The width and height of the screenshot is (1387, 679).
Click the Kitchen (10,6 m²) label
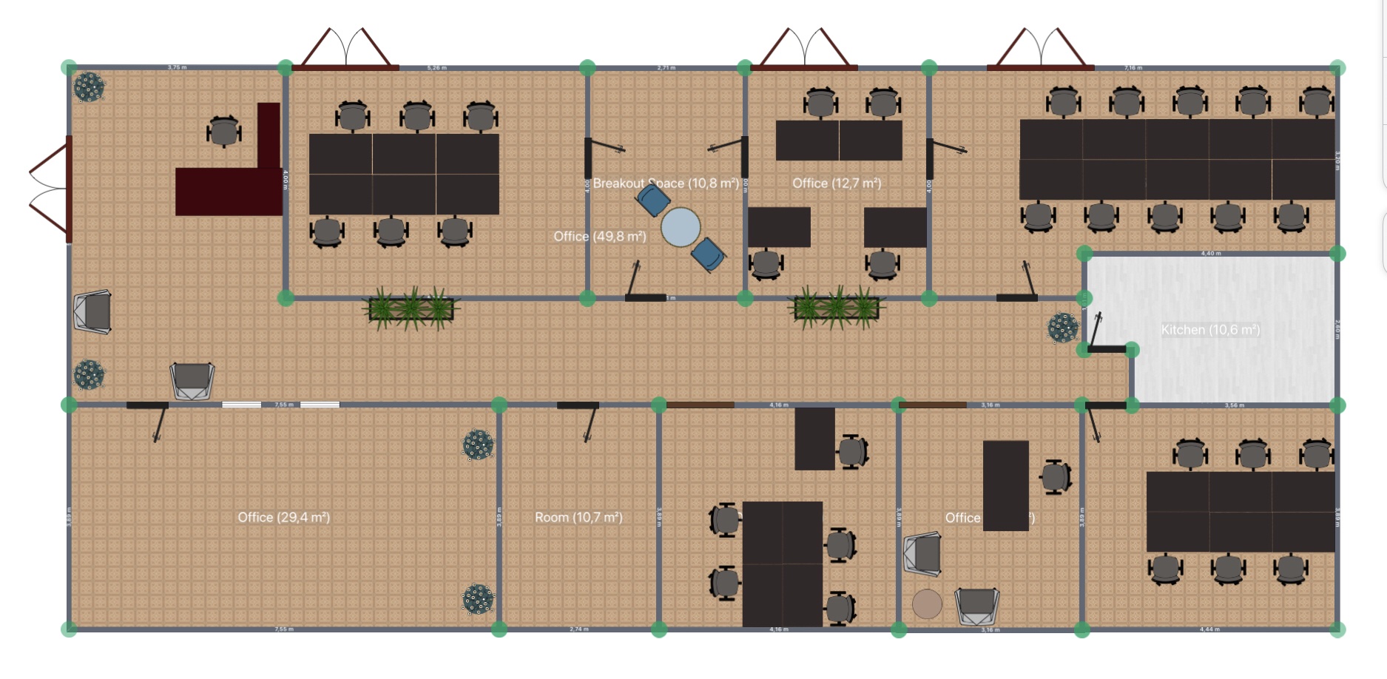[x=1210, y=330]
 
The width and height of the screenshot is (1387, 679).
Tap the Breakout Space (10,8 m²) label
[x=666, y=183]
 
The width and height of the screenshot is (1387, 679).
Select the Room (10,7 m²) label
[x=578, y=518]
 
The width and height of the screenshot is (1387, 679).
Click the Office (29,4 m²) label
[x=283, y=518]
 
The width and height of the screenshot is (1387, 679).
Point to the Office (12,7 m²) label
[x=837, y=183]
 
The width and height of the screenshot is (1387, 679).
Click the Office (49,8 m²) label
[x=600, y=237]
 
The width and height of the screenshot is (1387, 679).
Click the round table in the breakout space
[x=681, y=227]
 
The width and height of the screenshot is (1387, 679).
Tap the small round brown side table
[x=927, y=604]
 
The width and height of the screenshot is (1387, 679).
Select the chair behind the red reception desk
[x=223, y=132]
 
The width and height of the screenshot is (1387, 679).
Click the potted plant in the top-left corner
[x=89, y=87]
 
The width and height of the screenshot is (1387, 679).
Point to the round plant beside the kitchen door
[x=1063, y=328]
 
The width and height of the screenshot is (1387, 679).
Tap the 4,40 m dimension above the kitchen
[x=1211, y=254]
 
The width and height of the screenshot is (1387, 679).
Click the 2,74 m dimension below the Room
[x=579, y=629]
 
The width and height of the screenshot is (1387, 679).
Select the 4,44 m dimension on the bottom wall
[x=1210, y=629]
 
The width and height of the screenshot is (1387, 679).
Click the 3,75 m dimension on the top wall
[x=177, y=67]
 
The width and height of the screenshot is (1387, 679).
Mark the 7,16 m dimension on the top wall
[x=1133, y=67]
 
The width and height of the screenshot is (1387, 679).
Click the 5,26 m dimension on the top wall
[x=437, y=67]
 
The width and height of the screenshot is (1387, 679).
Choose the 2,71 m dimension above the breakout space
[x=666, y=67]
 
